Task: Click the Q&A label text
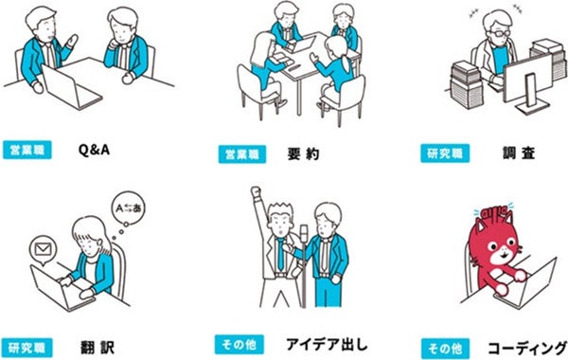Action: coord(94,150)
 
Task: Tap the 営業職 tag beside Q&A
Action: coord(27,150)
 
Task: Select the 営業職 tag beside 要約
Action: coord(242,154)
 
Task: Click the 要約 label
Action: coord(303,154)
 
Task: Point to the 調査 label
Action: coord(519,153)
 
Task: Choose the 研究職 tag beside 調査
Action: coord(445,153)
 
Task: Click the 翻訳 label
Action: coord(98,348)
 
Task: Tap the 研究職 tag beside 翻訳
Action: coord(27,348)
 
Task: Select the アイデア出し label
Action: coord(327,344)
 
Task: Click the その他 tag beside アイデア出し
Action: coord(240,345)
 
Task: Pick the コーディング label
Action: coord(527,349)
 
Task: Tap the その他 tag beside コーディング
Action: coord(445,349)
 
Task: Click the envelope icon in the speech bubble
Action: coord(43,249)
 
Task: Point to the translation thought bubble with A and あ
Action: coord(128,208)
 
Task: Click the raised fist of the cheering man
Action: coord(256,191)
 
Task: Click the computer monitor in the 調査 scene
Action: coord(528,84)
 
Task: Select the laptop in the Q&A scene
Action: coord(71,88)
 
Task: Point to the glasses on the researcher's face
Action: coord(499,33)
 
